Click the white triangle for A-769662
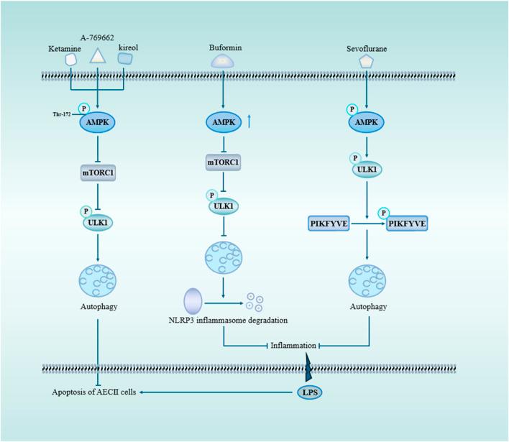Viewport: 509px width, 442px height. (97, 57)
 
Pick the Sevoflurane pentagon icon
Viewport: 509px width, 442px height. (367, 62)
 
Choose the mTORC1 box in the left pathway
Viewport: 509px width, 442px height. (97, 172)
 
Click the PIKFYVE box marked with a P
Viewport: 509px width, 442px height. (407, 225)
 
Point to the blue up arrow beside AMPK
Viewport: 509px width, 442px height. (249, 123)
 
